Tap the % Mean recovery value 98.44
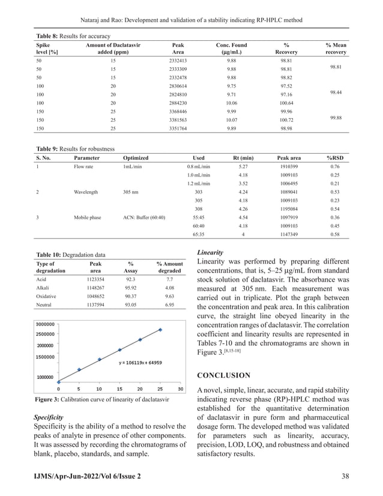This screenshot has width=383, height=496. coord(336,94)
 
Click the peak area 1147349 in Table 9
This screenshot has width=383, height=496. coord(289,234)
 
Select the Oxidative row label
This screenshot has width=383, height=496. coord(47,296)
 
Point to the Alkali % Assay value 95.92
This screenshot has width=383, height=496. coord(130,288)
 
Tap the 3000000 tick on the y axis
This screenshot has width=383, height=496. coord(49,322)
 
